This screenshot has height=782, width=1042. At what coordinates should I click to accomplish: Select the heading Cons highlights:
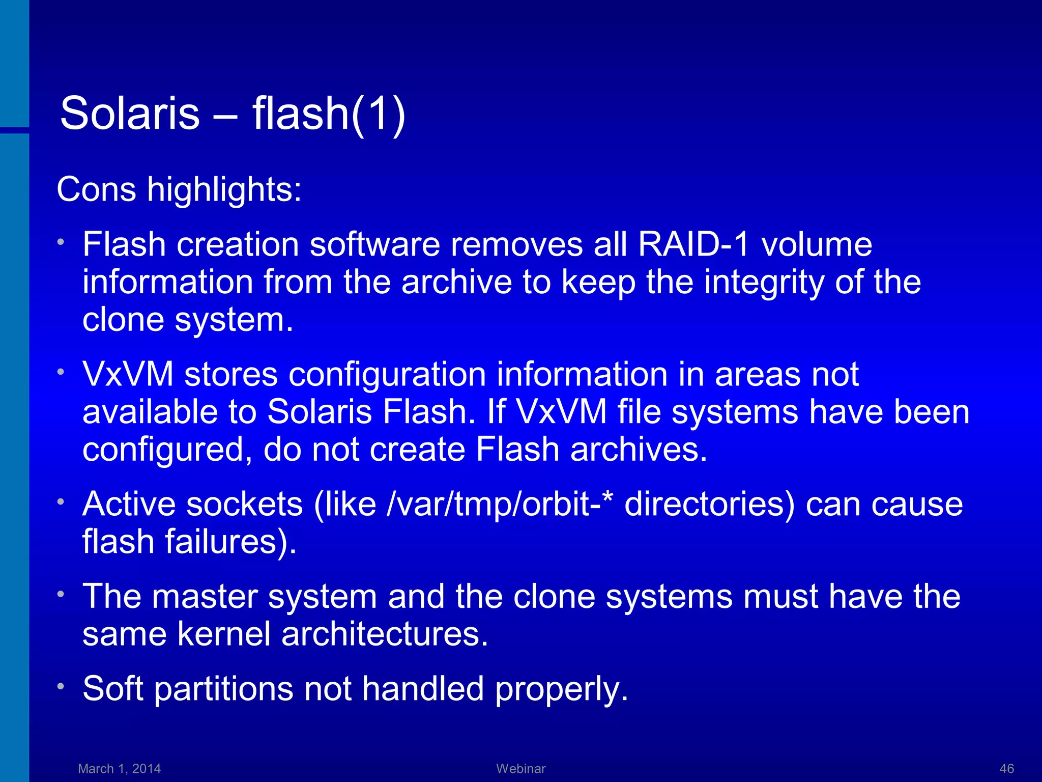[179, 189]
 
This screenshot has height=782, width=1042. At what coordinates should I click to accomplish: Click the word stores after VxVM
[230, 374]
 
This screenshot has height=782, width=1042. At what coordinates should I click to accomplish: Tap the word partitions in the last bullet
[224, 689]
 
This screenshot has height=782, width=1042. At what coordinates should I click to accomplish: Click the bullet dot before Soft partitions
[61, 687]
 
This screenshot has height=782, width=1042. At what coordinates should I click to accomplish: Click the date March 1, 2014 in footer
[119, 768]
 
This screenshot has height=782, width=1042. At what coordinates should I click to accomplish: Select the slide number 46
[1006, 768]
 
